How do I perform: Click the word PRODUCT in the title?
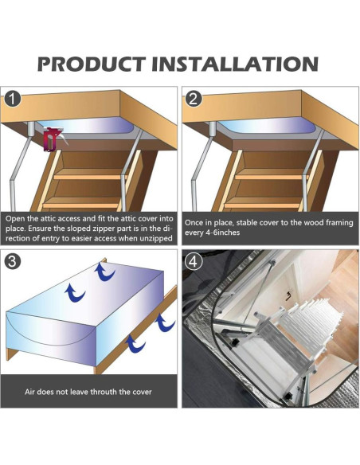click(x=92, y=64)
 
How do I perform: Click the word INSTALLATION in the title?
click(x=235, y=64)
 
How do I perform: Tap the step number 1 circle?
click(x=13, y=99)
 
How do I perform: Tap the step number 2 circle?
click(x=194, y=99)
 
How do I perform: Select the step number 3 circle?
click(x=13, y=261)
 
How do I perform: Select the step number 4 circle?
click(x=194, y=261)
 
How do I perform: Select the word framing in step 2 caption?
click(x=339, y=223)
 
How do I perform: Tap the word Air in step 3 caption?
click(x=29, y=392)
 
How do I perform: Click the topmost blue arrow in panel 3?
click(x=104, y=272)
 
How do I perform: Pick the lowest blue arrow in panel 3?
click(x=135, y=344)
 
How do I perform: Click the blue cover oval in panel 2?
click(x=267, y=125)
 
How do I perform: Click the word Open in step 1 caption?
click(x=15, y=219)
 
